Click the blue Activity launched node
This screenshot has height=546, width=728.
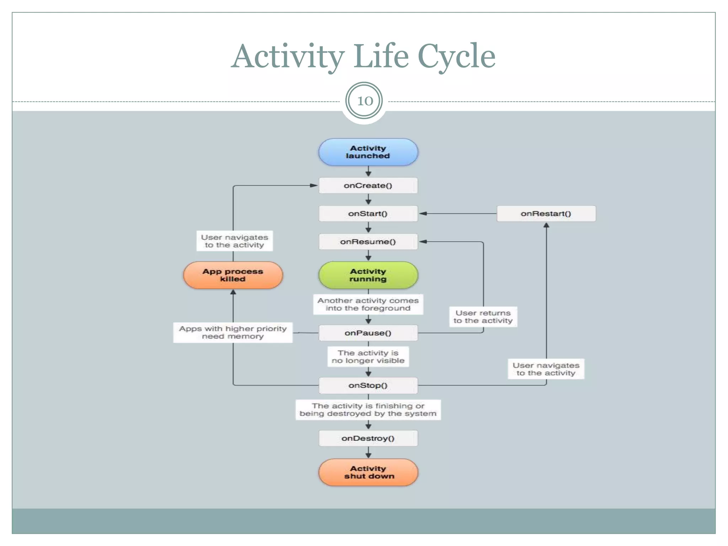(368, 152)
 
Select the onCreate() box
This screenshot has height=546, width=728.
(368, 186)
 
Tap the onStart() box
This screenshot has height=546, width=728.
(368, 214)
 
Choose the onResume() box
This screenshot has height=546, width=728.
(368, 242)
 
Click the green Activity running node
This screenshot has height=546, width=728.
(368, 275)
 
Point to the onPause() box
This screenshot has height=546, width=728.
(368, 333)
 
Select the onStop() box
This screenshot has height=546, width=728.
(368, 385)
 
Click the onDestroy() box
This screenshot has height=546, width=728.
(368, 438)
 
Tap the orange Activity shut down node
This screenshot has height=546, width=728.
(368, 472)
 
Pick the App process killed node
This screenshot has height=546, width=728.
(233, 275)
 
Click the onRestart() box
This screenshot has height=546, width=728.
(546, 214)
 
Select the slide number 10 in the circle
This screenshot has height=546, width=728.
(364, 101)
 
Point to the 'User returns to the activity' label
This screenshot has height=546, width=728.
(483, 317)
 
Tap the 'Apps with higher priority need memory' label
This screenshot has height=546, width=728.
(233, 332)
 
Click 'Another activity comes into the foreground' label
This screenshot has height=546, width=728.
(368, 304)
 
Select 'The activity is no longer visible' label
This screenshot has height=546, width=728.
(368, 357)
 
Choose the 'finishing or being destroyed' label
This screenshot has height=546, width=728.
(368, 409)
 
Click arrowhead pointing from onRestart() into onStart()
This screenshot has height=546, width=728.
(423, 214)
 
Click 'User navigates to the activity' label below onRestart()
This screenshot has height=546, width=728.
(546, 369)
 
